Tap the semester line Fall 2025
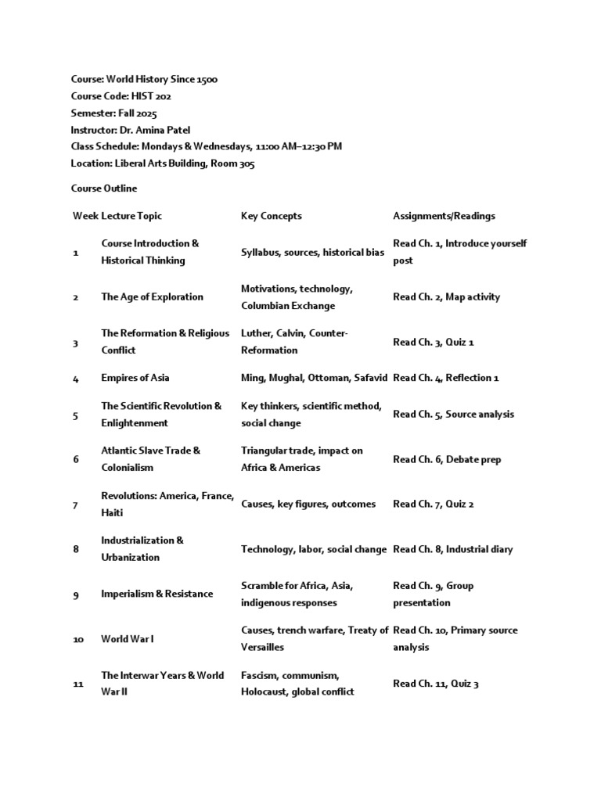coord(113,113)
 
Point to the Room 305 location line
coord(162,163)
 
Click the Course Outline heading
coord(103,189)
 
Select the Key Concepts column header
coord(271,216)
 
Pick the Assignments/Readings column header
coord(444,216)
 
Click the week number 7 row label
coord(76,505)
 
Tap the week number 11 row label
coord(78,684)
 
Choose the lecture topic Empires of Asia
coord(135,378)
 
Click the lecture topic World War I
coord(128,639)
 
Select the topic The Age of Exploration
coord(152,296)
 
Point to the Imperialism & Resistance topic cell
coord(157,594)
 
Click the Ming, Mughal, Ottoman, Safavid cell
coord(314,378)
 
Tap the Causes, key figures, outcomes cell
coord(308,505)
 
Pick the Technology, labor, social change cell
coord(313,549)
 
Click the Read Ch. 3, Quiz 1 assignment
coord(434,342)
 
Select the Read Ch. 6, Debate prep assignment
coord(447,459)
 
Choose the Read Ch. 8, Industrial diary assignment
coord(452,549)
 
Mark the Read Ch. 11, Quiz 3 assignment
coord(435,684)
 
